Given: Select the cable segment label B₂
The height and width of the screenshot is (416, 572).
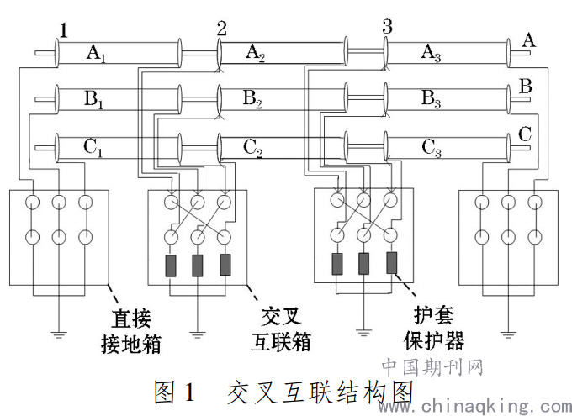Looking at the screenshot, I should click(252, 100).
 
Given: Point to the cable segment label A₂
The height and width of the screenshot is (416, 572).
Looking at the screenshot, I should click(255, 53).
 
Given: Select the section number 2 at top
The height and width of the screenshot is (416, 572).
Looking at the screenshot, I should click(221, 28).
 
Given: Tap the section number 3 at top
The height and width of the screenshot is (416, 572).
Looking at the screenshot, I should click(386, 25).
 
